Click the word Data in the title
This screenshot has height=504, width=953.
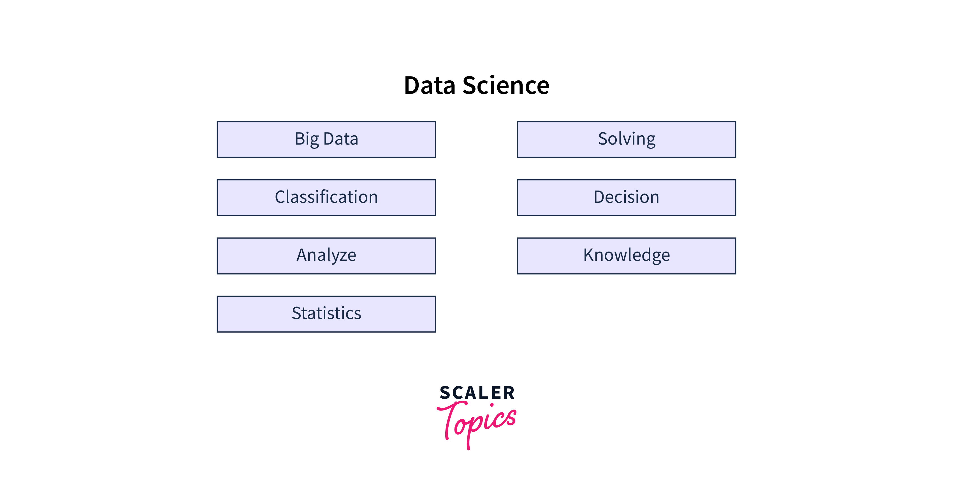click(x=430, y=85)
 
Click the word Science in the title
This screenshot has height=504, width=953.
click(x=506, y=85)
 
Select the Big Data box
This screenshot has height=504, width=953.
click(x=326, y=140)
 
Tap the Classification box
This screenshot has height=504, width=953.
click(x=326, y=198)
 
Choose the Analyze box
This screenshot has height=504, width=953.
click(x=326, y=256)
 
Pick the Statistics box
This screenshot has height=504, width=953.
click(x=326, y=314)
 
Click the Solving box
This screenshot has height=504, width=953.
click(x=626, y=140)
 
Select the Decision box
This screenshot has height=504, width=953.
click(x=626, y=198)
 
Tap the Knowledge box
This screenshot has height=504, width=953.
click(x=626, y=256)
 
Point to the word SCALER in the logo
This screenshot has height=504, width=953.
click(x=477, y=393)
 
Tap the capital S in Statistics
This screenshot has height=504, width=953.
click(x=297, y=313)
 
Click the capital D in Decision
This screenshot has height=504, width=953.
click(x=600, y=197)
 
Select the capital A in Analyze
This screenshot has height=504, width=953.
click(x=303, y=255)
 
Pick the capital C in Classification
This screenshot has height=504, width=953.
click(x=281, y=197)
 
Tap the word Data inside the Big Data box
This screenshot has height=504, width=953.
click(x=341, y=139)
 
